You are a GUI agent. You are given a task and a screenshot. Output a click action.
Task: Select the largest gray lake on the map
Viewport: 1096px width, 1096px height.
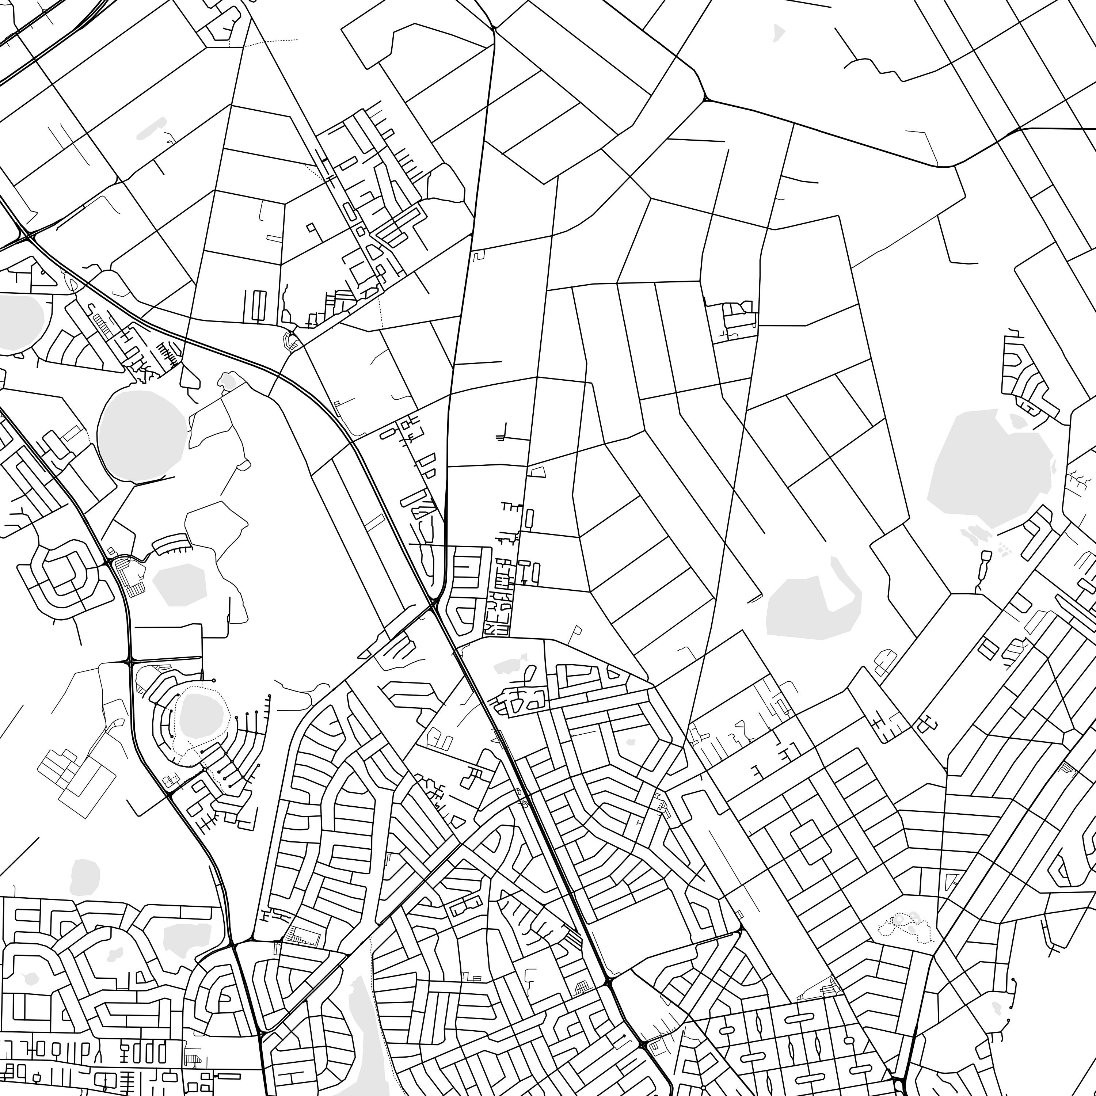(x=987, y=471)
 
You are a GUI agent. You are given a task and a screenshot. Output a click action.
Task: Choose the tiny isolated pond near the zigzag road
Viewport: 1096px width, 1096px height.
(x=778, y=33)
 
